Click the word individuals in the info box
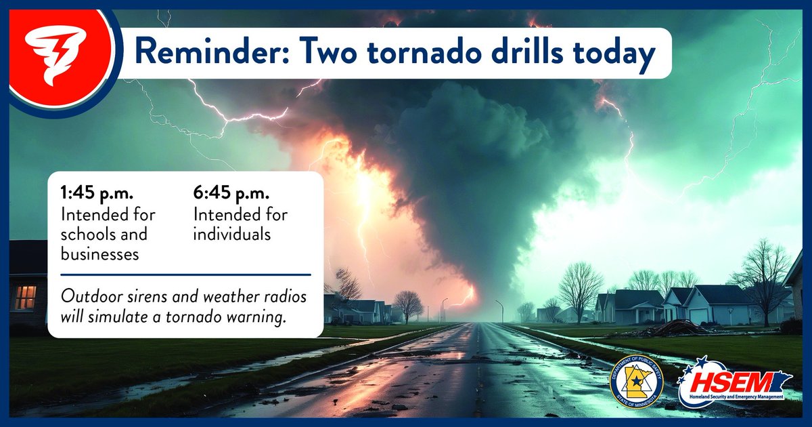coord(232,235)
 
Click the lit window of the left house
coord(25,297)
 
